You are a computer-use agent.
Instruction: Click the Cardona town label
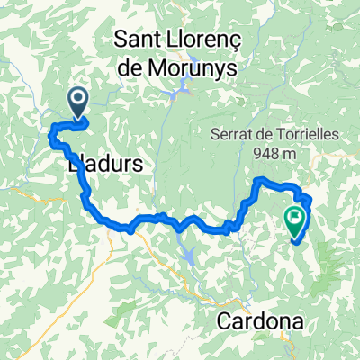(259, 321)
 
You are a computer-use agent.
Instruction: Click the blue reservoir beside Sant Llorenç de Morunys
(184, 88)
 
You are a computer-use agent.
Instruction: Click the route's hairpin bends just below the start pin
(58, 136)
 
